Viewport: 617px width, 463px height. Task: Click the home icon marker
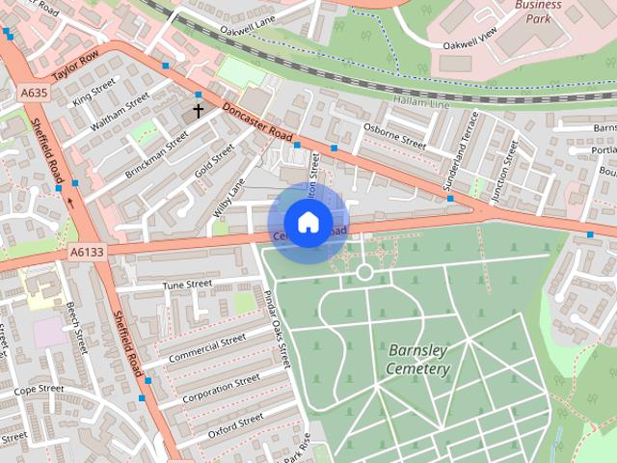click(308, 223)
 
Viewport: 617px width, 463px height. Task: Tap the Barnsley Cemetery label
click(418, 359)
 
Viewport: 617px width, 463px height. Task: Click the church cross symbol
click(199, 111)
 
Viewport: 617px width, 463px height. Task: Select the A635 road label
click(34, 93)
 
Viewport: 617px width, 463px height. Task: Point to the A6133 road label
click(86, 252)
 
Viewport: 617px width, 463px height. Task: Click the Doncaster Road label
click(256, 123)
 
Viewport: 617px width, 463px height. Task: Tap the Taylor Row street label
click(76, 73)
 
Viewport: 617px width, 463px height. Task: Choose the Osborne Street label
click(393, 135)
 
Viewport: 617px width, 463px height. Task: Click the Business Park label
click(538, 11)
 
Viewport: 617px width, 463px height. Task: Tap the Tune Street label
click(186, 285)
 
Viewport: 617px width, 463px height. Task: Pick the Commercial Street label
click(206, 349)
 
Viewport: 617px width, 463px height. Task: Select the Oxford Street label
click(234, 422)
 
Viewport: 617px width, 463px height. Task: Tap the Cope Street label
click(39, 389)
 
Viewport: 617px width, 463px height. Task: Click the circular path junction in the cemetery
click(364, 272)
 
